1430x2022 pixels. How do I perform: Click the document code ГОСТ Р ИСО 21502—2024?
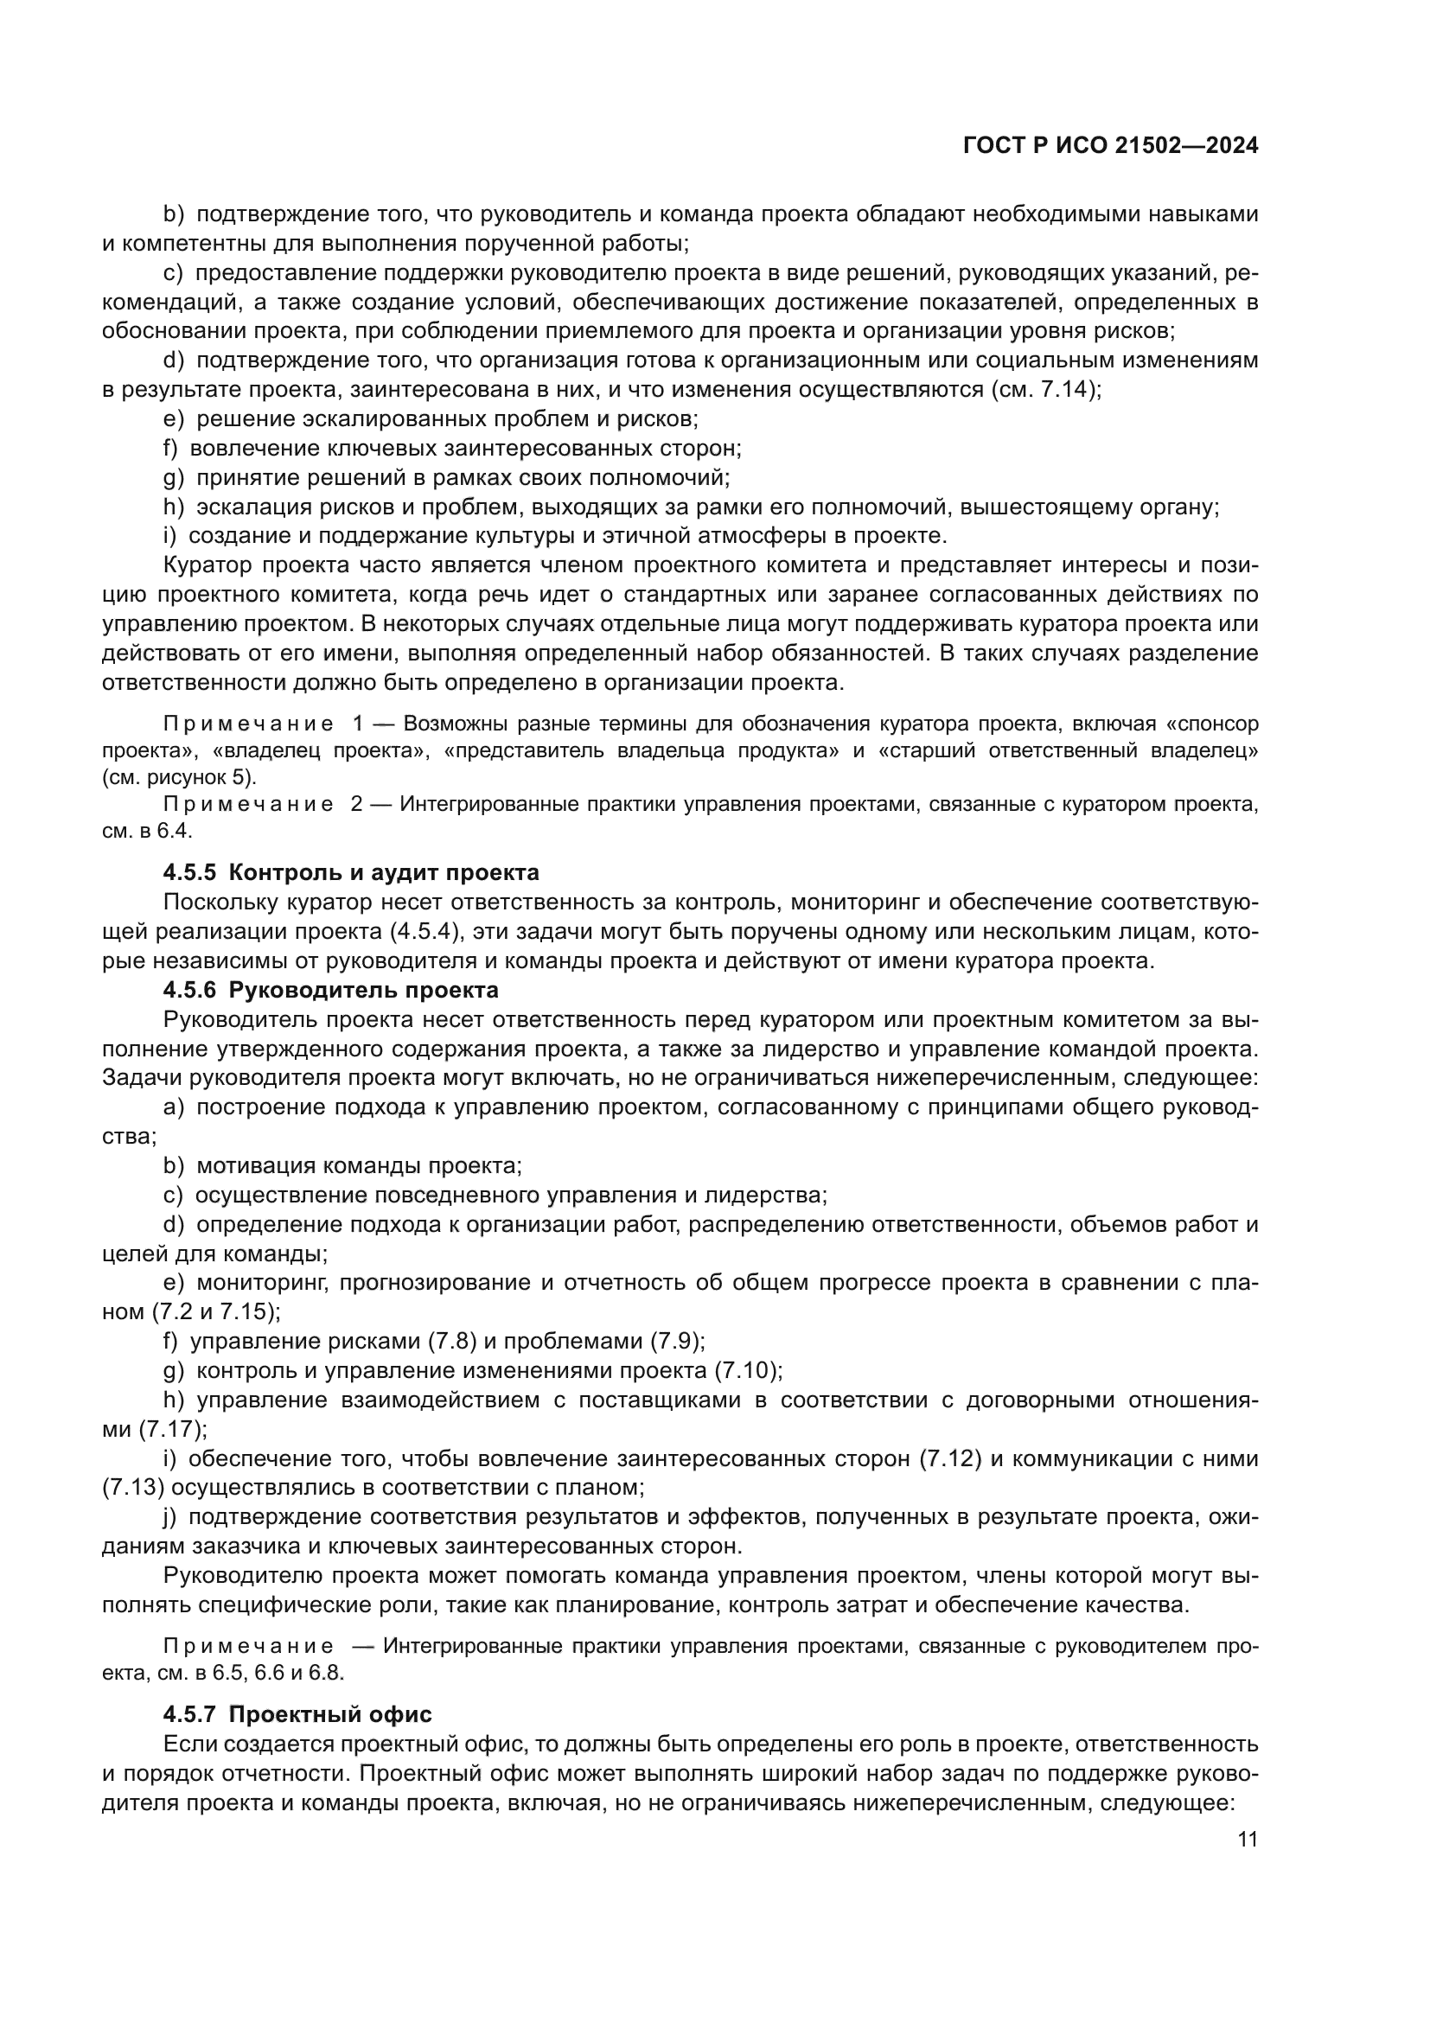[x=1110, y=146]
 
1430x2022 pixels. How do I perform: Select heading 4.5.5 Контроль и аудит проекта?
[x=350, y=873]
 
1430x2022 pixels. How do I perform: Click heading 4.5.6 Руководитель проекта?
[x=330, y=990]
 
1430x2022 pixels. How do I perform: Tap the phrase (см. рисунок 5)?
[x=180, y=777]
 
